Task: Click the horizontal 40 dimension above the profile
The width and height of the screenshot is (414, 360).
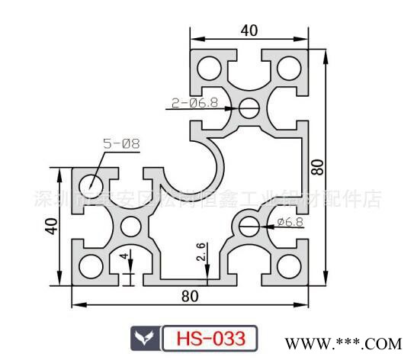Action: pyautogui.click(x=248, y=31)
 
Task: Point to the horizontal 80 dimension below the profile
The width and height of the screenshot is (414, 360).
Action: pyautogui.click(x=190, y=295)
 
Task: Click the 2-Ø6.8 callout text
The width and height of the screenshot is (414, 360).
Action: pyautogui.click(x=194, y=100)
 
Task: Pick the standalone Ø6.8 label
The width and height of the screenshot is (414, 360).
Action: pyautogui.click(x=290, y=222)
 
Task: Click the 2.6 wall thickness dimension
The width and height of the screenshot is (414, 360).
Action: pyautogui.click(x=201, y=252)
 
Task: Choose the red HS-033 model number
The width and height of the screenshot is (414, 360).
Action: pyautogui.click(x=208, y=337)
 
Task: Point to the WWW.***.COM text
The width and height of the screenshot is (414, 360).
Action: pyautogui.click(x=358, y=340)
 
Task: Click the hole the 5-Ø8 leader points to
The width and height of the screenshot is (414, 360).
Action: pyautogui.click(x=92, y=184)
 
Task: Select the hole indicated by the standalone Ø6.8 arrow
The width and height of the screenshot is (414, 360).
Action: pyautogui.click(x=249, y=224)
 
